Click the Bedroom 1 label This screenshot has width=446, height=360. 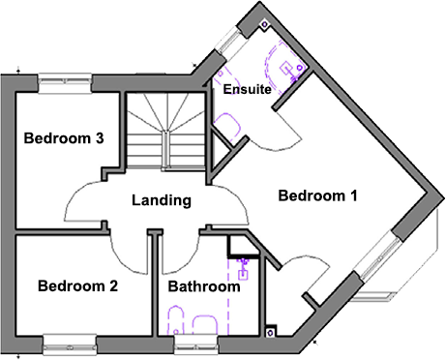(x=317, y=196)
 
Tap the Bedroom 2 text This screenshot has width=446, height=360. (x=77, y=286)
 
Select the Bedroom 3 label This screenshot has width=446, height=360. (x=64, y=138)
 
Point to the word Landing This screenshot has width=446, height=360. (x=162, y=200)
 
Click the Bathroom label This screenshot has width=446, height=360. (x=203, y=287)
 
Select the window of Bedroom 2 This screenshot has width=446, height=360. (x=71, y=339)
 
